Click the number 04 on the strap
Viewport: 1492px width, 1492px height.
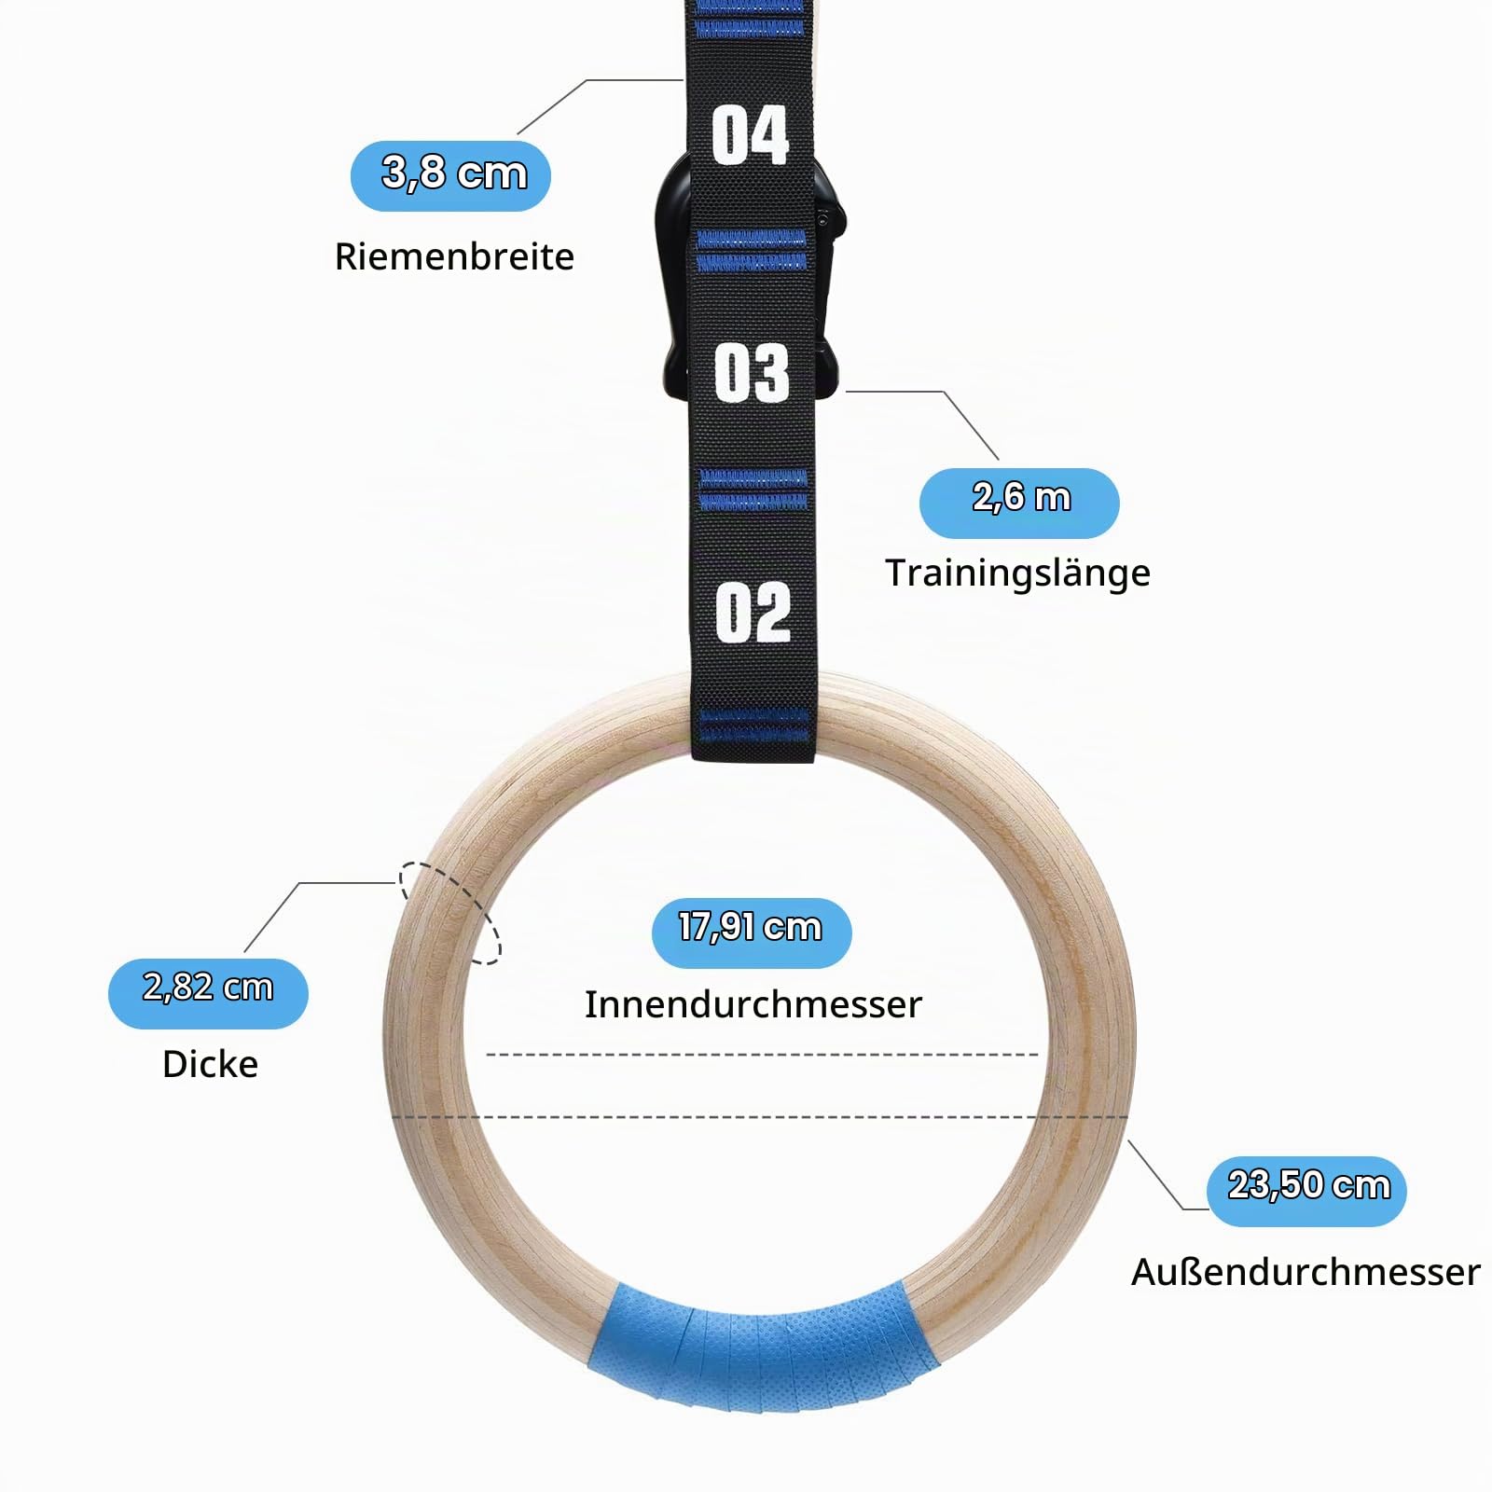(x=751, y=135)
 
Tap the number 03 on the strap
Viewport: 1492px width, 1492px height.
(x=752, y=373)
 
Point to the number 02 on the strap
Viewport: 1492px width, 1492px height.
(x=753, y=613)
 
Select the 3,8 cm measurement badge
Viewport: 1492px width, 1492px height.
(x=450, y=175)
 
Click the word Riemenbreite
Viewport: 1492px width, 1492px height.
(x=454, y=256)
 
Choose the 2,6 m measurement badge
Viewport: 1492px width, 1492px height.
(x=1019, y=503)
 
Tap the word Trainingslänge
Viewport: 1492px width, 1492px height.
(x=1017, y=573)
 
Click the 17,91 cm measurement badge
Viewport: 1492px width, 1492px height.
(x=752, y=932)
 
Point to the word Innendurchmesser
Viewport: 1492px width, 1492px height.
(x=753, y=1004)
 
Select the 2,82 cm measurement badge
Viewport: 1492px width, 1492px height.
(x=208, y=993)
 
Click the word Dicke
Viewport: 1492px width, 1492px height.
(x=210, y=1064)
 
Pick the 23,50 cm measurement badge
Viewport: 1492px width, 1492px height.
(x=1307, y=1191)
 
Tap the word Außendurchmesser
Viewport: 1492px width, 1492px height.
(x=1305, y=1272)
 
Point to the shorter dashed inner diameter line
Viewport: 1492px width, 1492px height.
(x=763, y=1055)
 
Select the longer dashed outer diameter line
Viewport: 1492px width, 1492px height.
(x=760, y=1116)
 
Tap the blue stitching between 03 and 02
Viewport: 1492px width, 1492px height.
(x=753, y=490)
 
